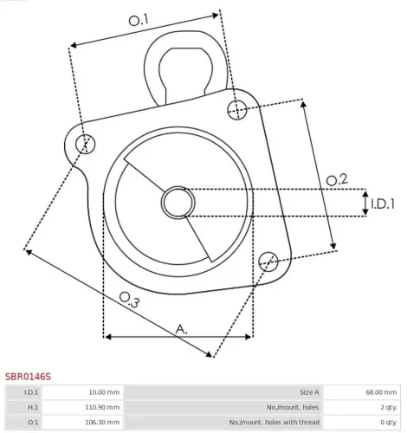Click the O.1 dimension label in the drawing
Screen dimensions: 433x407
(x=139, y=19)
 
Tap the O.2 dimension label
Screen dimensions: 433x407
(x=337, y=180)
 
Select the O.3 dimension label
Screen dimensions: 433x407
(x=129, y=300)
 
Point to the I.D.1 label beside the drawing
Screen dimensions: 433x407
(x=383, y=204)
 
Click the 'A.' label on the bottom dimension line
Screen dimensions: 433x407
(x=181, y=328)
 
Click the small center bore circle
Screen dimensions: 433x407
(x=178, y=203)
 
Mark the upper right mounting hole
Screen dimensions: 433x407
(x=240, y=108)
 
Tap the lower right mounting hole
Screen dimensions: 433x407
(x=269, y=258)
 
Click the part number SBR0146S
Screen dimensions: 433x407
(x=29, y=377)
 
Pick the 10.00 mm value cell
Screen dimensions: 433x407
(x=102, y=392)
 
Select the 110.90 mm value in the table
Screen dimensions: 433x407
(x=101, y=407)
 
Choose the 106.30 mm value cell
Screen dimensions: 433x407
(x=101, y=423)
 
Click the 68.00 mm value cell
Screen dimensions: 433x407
(x=379, y=392)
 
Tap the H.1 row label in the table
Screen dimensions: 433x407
(x=32, y=407)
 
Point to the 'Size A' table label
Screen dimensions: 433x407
(x=308, y=392)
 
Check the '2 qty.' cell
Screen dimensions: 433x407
(x=386, y=407)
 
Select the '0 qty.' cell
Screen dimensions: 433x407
(x=386, y=423)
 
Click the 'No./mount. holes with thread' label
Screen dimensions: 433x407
(x=275, y=423)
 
